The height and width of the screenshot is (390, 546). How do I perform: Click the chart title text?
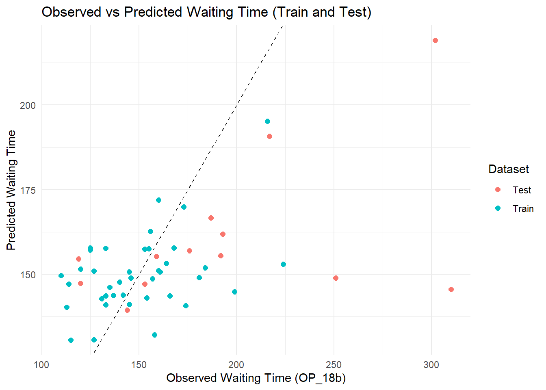click(206, 12)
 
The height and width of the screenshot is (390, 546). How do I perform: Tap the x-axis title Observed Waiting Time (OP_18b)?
click(256, 378)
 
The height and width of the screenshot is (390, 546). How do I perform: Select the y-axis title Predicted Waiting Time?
click(11, 190)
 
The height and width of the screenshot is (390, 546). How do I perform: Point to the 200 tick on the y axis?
click(28, 105)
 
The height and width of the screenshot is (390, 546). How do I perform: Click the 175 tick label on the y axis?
click(28, 190)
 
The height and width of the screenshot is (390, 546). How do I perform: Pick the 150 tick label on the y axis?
click(28, 275)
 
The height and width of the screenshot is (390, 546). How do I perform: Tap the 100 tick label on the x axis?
click(41, 365)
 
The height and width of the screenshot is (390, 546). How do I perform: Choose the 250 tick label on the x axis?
click(334, 365)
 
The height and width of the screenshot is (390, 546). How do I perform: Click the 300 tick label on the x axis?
click(431, 365)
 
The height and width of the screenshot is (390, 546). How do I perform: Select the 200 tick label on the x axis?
click(236, 365)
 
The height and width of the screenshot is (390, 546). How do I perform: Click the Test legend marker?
click(498, 190)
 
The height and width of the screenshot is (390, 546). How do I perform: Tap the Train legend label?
click(523, 209)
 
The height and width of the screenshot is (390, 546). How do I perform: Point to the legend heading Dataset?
click(509, 169)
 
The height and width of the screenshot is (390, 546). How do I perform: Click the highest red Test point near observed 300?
click(435, 40)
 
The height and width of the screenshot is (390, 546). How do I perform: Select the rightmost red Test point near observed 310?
click(451, 289)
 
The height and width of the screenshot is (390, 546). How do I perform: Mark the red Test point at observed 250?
click(336, 278)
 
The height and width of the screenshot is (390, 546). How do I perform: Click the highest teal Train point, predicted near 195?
click(267, 121)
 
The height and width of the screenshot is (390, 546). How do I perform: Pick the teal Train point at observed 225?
click(283, 264)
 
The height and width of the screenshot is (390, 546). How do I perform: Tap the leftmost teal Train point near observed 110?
click(61, 275)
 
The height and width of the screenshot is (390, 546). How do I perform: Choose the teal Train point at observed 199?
click(234, 292)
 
